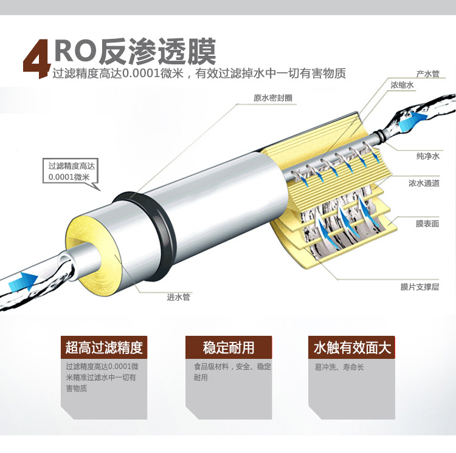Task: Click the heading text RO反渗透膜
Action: pos(134,52)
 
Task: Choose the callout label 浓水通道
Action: pos(424,183)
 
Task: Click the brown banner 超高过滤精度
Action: pos(104,348)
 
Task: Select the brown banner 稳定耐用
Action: pos(229,348)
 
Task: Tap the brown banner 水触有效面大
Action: pos(352,348)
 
